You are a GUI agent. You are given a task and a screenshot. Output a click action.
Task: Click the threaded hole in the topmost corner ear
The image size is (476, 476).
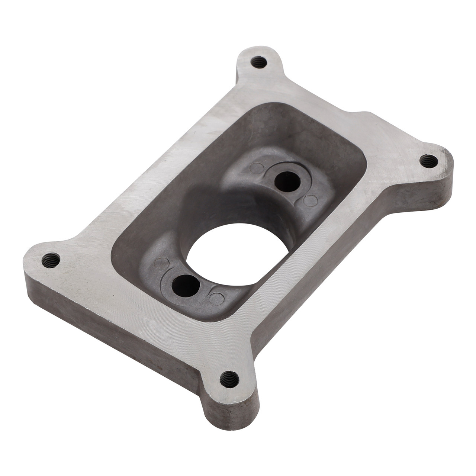pyautogui.click(x=259, y=62)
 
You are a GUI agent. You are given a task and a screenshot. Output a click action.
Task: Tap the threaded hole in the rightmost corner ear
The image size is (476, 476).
pyautogui.click(x=429, y=161)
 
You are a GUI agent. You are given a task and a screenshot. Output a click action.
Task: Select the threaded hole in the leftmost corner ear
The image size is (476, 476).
pyautogui.click(x=51, y=260)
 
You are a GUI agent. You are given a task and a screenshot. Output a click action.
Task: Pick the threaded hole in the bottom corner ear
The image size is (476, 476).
pyautogui.click(x=229, y=379)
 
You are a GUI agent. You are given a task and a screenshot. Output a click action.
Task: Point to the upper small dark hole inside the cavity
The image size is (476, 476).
pyautogui.click(x=287, y=181)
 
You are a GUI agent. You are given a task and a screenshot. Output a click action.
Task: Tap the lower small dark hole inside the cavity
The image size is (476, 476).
pyautogui.click(x=186, y=286)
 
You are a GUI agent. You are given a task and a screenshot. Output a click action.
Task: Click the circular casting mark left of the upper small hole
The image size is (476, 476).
pyautogui.click(x=256, y=168)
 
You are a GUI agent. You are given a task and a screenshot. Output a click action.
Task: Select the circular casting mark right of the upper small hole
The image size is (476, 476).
pyautogui.click(x=310, y=201)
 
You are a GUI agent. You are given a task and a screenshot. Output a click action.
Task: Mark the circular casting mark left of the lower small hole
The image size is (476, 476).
pyautogui.click(x=161, y=263)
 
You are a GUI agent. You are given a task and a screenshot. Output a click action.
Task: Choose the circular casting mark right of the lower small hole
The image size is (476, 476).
pyautogui.click(x=216, y=299)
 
